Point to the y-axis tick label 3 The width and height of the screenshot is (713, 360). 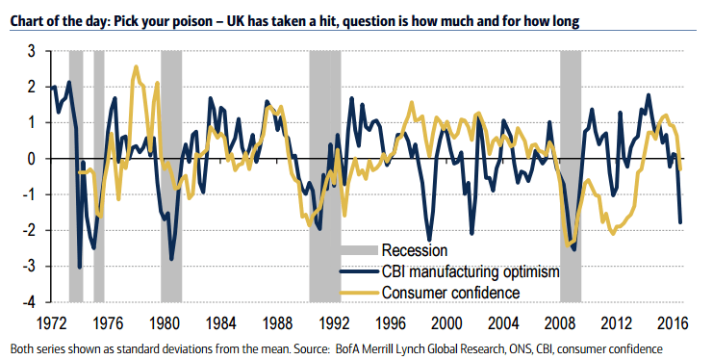(x=32, y=51)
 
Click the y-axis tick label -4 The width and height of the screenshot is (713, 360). (x=29, y=302)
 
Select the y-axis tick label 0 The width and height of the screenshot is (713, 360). (x=32, y=159)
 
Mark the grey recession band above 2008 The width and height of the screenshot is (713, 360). (x=571, y=144)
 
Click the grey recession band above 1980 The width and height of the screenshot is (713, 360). (x=171, y=144)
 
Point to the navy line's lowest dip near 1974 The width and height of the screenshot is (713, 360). (x=80, y=267)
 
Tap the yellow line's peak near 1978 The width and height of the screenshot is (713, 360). (x=136, y=67)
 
